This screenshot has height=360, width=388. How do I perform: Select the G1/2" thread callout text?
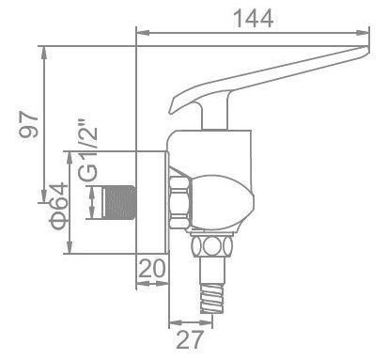tap(89, 161)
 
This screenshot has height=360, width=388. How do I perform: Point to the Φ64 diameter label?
tap(55, 208)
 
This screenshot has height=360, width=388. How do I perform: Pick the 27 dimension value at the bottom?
tap(192, 337)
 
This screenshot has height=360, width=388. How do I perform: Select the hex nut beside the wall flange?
tap(179, 200)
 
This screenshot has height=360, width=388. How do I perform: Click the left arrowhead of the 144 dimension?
tap(142, 34)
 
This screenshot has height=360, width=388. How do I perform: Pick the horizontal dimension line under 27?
tap(193, 321)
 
